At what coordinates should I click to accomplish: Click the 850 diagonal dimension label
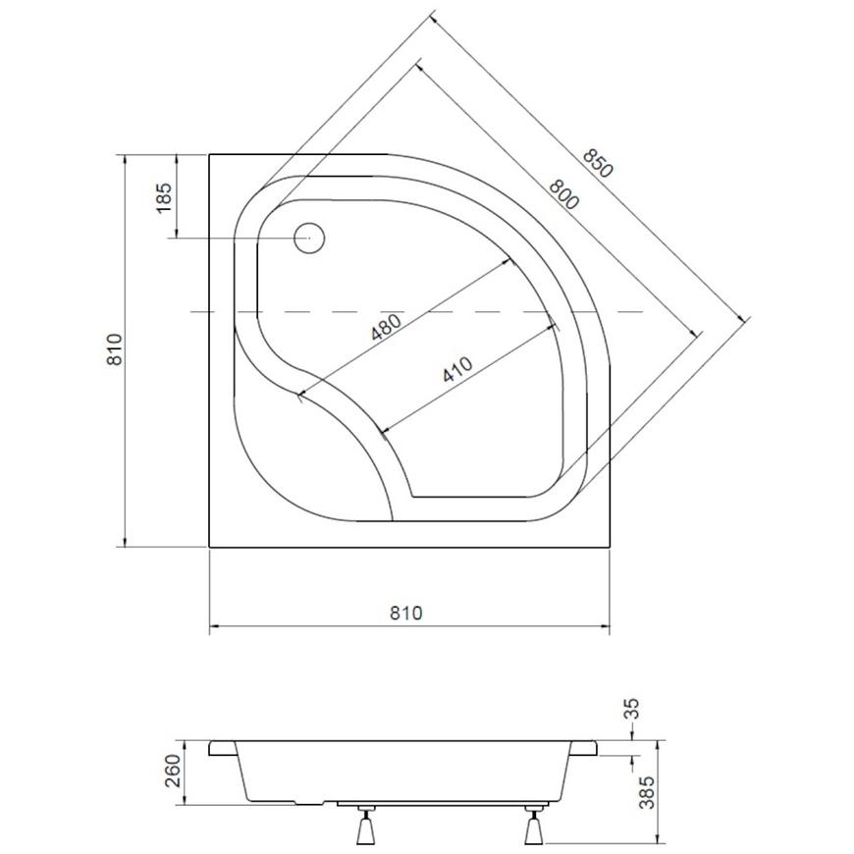coord(598,163)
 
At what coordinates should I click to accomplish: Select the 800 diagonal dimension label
coord(563,194)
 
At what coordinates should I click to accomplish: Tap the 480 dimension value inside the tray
coord(386,327)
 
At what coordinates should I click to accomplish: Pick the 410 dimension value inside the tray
coord(457,369)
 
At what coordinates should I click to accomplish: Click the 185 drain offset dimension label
coord(163,197)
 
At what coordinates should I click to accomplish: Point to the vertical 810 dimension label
coord(115,349)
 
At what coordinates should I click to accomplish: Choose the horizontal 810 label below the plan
coord(405,614)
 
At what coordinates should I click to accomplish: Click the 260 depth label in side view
coord(173,771)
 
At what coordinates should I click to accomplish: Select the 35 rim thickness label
coord(631,709)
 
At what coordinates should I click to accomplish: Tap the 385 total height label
coord(647,792)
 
